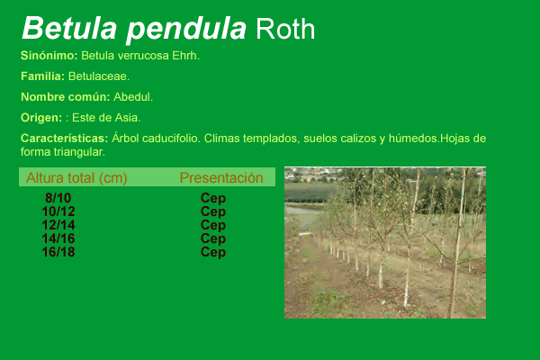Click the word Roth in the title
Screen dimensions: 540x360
(x=285, y=29)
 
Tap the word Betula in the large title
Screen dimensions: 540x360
(x=69, y=28)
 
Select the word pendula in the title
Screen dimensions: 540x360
(x=186, y=31)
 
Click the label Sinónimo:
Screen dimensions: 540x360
(x=49, y=56)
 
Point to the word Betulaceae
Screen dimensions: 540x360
(x=99, y=76)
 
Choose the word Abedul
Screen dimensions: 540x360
(x=133, y=97)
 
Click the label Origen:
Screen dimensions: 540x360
(x=41, y=118)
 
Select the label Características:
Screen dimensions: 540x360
(x=65, y=138)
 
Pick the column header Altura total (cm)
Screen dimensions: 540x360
(x=76, y=178)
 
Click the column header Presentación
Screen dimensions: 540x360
(x=221, y=178)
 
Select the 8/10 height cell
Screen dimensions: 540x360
(x=58, y=198)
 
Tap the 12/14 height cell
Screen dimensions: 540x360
(x=58, y=225)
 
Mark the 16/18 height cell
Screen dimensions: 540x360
(x=58, y=252)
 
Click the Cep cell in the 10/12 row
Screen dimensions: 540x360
(x=213, y=211)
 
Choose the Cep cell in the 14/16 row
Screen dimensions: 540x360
(x=213, y=238)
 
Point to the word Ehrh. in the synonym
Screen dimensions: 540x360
(x=186, y=56)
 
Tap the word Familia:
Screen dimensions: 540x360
(x=42, y=76)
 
